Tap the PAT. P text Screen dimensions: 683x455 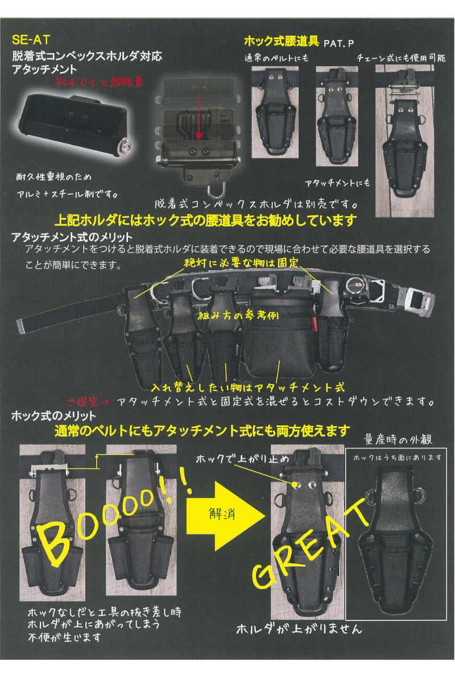pyautogui.click(x=340, y=43)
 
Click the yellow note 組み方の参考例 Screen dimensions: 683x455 pyautogui.click(x=237, y=317)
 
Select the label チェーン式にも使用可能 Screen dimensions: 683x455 pyautogui.click(x=402, y=58)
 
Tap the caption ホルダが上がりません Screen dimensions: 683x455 pyautogui.click(x=299, y=629)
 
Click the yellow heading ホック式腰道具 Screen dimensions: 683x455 pyautogui.click(x=281, y=42)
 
